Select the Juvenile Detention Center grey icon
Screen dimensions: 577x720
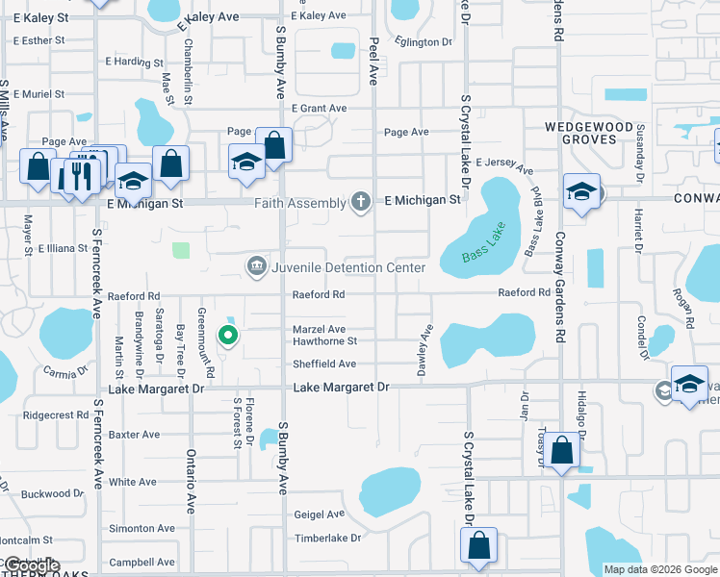(256, 266)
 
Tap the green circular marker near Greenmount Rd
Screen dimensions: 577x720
(228, 336)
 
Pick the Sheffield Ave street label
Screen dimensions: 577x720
(324, 364)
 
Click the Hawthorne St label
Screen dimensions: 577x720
(324, 340)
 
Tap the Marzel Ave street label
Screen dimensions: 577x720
(320, 330)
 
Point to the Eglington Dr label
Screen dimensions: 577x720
(424, 41)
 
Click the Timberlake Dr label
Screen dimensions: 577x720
(327, 539)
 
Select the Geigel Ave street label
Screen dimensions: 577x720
(320, 515)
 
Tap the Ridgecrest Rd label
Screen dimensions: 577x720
(55, 415)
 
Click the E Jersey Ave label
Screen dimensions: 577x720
(503, 165)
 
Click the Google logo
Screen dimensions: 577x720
(31, 565)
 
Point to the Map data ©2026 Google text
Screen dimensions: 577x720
(659, 569)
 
